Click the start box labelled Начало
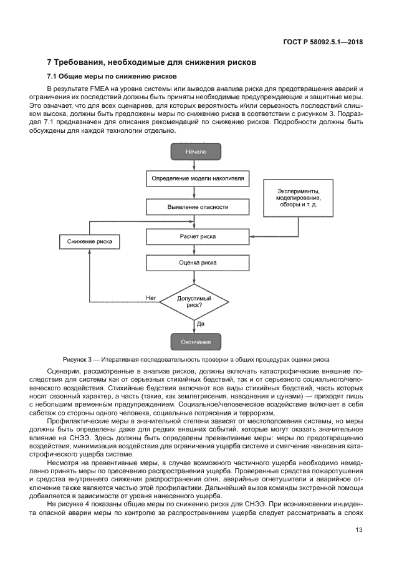195,152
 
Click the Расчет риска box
198,237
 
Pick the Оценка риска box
198,263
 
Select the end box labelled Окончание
195,342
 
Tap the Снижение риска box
90,241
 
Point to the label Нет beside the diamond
151,298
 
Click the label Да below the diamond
201,324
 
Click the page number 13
358,530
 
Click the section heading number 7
50,63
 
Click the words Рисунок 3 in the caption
78,360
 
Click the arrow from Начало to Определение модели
195,165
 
